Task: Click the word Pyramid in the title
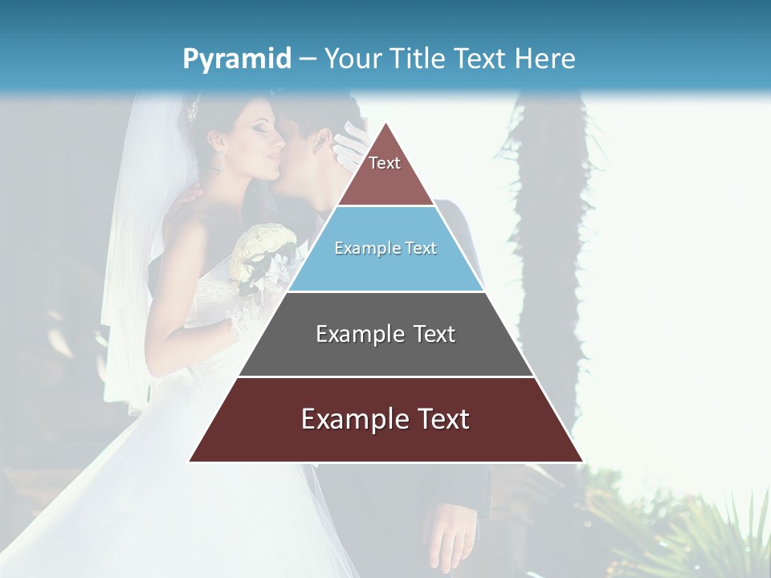point(237,59)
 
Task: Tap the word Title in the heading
point(418,59)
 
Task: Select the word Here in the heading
point(545,59)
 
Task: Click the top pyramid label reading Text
point(385,164)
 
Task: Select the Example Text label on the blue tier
point(385,249)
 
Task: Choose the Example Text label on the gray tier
point(385,334)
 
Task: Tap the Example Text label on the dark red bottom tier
point(385,419)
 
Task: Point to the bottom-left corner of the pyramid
point(190,461)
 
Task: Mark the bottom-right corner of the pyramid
point(581,461)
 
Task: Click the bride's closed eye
point(259,126)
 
